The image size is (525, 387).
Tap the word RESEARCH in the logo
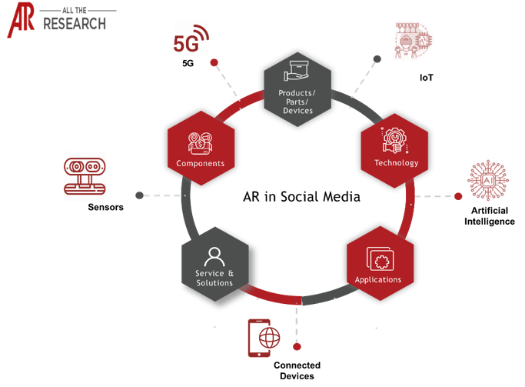click(x=75, y=24)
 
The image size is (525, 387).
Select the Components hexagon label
click(x=200, y=163)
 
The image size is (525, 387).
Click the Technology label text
click(x=396, y=162)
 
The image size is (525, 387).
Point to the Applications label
click(x=377, y=279)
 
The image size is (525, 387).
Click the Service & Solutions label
click(x=214, y=278)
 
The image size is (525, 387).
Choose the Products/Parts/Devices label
click(x=296, y=102)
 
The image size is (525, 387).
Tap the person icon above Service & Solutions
click(x=214, y=255)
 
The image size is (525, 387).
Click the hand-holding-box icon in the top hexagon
click(x=297, y=73)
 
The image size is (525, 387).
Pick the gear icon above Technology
click(x=394, y=140)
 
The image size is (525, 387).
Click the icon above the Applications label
click(x=377, y=256)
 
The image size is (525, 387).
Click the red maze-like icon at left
click(x=85, y=175)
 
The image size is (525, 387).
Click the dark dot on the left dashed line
click(x=139, y=195)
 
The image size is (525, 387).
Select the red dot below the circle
click(x=297, y=348)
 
